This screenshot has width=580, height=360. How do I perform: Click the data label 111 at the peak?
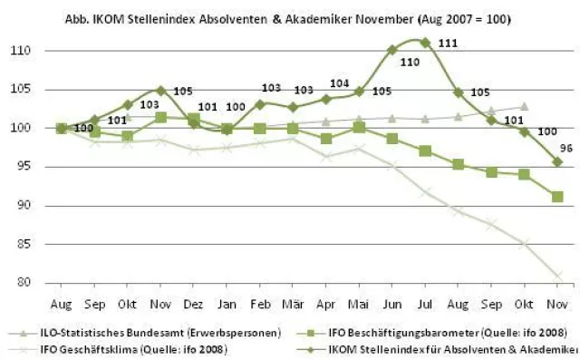[446, 44]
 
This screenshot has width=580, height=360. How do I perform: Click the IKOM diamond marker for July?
[425, 42]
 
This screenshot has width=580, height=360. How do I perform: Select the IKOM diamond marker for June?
[391, 50]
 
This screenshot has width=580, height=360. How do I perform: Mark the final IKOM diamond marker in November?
[557, 161]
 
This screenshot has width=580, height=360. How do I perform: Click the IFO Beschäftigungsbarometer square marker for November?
[557, 197]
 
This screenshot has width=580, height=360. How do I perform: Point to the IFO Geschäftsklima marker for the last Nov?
[557, 276]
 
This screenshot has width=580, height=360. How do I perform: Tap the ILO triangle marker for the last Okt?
[524, 106]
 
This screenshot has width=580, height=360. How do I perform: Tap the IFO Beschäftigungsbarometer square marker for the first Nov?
[160, 117]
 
